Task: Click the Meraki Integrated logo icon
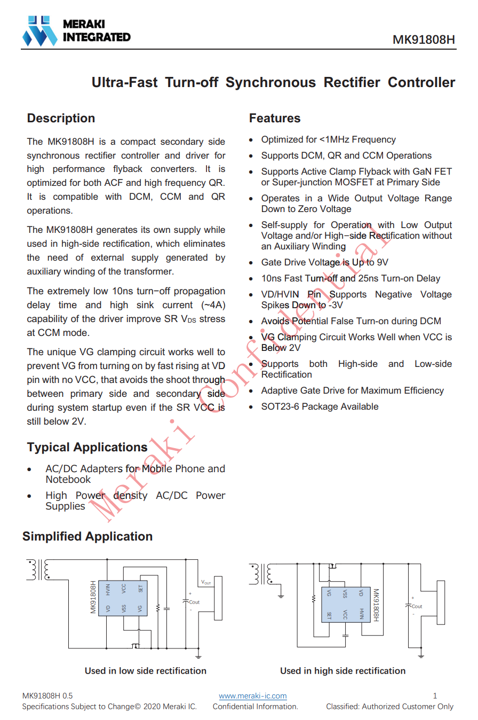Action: tap(40, 30)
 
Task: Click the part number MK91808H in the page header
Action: tap(424, 40)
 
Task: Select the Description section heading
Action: tap(61, 118)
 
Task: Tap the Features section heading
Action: tap(275, 118)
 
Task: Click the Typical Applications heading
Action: tap(87, 447)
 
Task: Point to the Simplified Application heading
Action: tap(87, 536)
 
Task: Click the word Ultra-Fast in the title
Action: tap(125, 83)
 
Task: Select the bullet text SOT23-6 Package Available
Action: tap(320, 406)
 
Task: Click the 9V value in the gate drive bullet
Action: tap(382, 262)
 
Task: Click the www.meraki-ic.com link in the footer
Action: tap(253, 696)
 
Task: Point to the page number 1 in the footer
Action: tap(435, 696)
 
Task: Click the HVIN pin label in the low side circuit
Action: tap(108, 589)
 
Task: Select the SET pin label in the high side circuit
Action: tap(329, 616)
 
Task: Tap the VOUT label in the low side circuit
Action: tap(206, 582)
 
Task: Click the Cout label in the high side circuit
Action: tap(417, 606)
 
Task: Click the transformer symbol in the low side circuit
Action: tap(38, 569)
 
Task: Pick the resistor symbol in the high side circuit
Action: tap(313, 598)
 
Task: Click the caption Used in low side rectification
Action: tap(145, 671)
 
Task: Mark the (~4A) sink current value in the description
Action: tap(212, 305)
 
